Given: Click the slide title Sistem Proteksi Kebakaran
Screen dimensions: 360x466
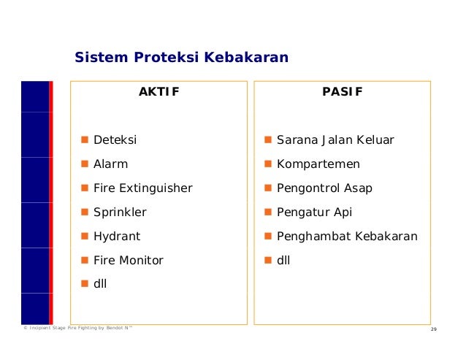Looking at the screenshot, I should click(182, 58).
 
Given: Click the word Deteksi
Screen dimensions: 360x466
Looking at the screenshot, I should click(115, 139).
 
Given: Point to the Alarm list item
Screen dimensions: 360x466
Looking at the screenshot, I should click(110, 164).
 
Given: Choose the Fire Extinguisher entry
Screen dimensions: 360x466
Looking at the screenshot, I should click(142, 188).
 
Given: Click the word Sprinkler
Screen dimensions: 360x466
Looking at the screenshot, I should click(120, 212).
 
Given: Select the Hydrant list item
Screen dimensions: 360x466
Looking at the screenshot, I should click(117, 237).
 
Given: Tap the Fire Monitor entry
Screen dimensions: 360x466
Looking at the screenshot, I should click(129, 260).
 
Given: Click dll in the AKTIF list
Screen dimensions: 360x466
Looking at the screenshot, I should click(100, 283).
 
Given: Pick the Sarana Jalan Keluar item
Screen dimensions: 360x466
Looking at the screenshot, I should click(335, 139).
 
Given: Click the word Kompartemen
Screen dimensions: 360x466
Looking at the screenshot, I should click(318, 164).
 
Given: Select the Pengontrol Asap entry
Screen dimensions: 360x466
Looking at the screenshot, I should click(324, 188).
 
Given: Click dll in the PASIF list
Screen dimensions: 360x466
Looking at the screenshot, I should click(283, 260).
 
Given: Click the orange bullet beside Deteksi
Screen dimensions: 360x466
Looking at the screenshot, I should click(85, 139).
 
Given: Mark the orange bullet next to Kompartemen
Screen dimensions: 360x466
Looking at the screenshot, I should click(268, 164).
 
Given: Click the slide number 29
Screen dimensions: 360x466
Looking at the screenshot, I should click(434, 332).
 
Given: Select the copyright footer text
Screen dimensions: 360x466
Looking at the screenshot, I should click(78, 331).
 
